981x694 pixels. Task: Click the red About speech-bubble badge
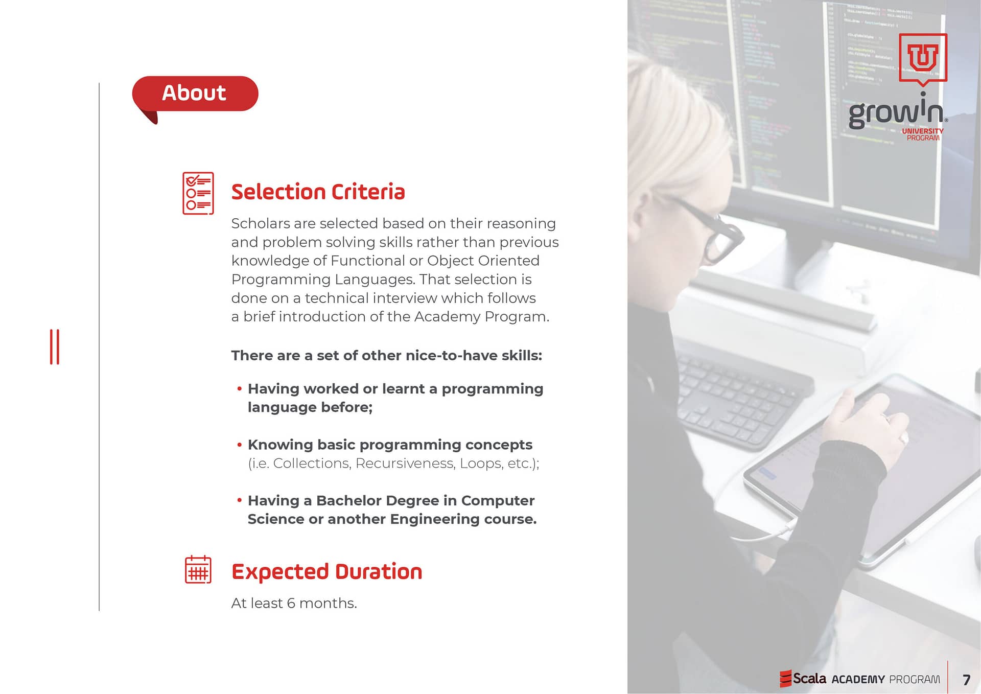tap(195, 95)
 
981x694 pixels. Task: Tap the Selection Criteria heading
tap(318, 192)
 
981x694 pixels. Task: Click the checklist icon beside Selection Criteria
tap(198, 193)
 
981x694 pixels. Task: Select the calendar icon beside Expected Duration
tap(198, 569)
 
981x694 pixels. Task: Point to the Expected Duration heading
tap(326, 572)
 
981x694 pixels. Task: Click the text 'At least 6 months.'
tap(294, 603)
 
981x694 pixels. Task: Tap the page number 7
tap(966, 680)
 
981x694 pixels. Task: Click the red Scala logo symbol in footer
tap(785, 679)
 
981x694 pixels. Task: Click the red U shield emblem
tap(923, 57)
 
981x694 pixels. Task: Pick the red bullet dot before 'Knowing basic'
tap(239, 445)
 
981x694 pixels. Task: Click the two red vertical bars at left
tap(55, 347)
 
